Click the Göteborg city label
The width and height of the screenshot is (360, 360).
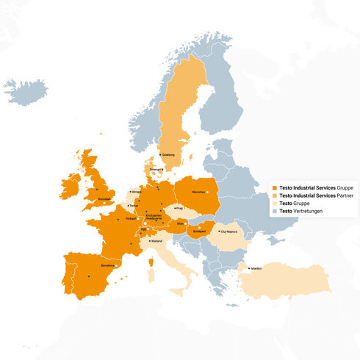coord(169,155)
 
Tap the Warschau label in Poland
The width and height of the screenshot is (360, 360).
coord(198,192)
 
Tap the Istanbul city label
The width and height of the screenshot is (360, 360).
coord(256,268)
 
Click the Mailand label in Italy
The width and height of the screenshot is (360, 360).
coord(157,240)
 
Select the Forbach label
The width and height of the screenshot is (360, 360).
coord(132,218)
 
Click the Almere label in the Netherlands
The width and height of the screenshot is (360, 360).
coord(134,191)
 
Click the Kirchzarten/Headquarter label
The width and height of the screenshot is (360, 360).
coord(154,217)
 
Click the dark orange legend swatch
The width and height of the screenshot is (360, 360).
coord(275,187)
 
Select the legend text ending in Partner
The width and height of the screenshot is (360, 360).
coord(317,195)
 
